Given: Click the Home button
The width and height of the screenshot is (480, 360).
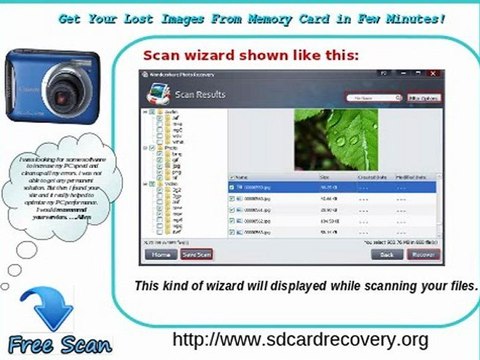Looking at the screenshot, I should tap(158, 254).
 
